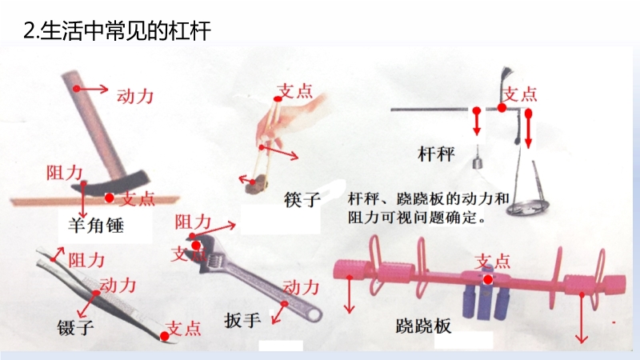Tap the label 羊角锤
pos(95,226)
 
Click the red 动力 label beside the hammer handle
pos(135,97)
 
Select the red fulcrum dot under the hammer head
pos(109,198)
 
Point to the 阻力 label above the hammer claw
pos(65,173)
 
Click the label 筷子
pos(302,199)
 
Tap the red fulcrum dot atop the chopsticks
pos(278,98)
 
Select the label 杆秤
pos(436,154)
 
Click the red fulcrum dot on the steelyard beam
pos(502,108)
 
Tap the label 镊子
pos(76,327)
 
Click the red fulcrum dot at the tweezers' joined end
pos(165,336)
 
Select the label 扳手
pos(242,320)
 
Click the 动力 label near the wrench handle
pos(301,287)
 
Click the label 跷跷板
pos(424,326)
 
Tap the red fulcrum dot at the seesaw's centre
pos(488,279)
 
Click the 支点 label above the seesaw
pos(493,262)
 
